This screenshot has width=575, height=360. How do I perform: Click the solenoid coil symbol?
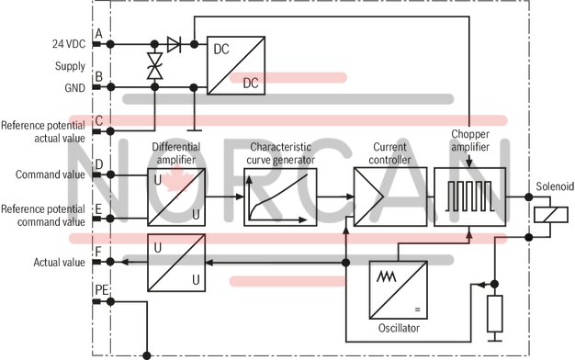point(551,215)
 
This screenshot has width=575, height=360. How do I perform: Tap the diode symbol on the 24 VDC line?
point(175,43)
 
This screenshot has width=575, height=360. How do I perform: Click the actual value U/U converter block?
point(176,262)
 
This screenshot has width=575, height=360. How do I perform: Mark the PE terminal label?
point(101,291)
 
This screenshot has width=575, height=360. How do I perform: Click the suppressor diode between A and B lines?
point(154,65)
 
